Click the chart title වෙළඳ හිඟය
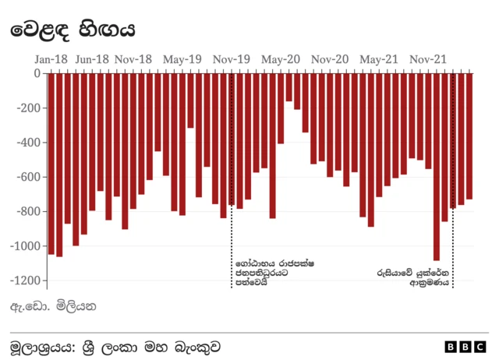pyautogui.click(x=73, y=30)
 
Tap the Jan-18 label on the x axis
pyautogui.click(x=51, y=59)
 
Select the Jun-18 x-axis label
pyautogui.click(x=92, y=59)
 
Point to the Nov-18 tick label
pyautogui.click(x=133, y=59)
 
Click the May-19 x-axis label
pyautogui.click(x=182, y=59)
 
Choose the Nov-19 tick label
pyautogui.click(x=232, y=59)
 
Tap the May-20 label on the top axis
pyautogui.click(x=281, y=59)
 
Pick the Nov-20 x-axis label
pyautogui.click(x=330, y=59)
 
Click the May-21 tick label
pyautogui.click(x=379, y=59)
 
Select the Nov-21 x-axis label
pyautogui.click(x=428, y=59)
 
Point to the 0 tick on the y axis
pyautogui.click(x=37, y=73)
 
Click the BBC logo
pyautogui.click(x=465, y=346)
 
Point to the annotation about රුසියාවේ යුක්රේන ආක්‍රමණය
pyautogui.click(x=413, y=279)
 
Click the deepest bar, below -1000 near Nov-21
pyautogui.click(x=437, y=167)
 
